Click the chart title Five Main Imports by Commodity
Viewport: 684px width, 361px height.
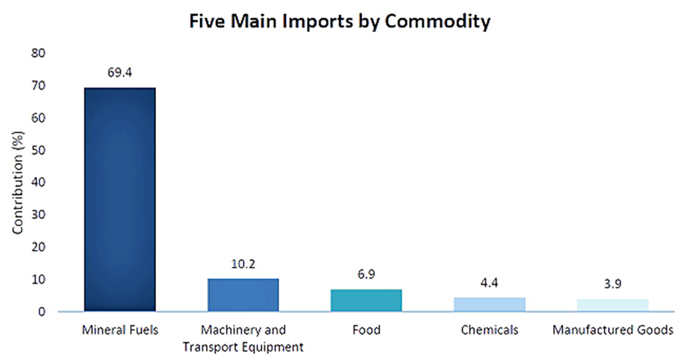pos(341,22)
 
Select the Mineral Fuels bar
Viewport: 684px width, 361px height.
pos(119,199)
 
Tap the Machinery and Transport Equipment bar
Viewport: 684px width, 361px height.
pos(243,294)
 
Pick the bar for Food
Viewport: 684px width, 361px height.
pos(366,300)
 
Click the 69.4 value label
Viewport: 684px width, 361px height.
pos(119,72)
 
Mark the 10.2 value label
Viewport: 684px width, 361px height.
pos(243,264)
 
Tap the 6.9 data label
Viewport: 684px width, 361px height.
pos(366,274)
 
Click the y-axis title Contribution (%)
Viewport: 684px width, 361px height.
pos(17,182)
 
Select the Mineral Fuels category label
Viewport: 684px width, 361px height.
pos(119,330)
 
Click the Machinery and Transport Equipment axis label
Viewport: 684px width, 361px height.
pos(243,337)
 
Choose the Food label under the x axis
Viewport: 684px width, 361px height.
pos(366,330)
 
